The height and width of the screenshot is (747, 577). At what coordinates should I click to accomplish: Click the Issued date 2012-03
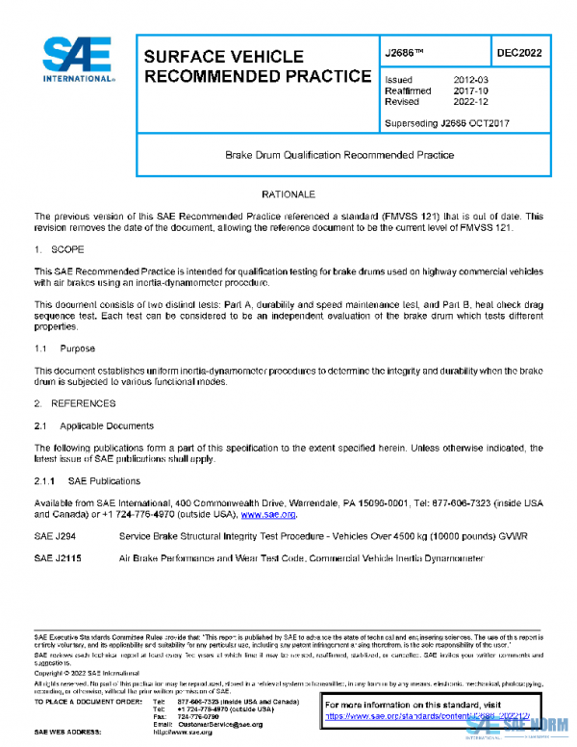tap(469, 80)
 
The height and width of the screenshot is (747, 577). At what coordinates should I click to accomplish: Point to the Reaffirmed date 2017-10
tap(469, 90)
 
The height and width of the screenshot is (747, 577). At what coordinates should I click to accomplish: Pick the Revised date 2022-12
tap(469, 101)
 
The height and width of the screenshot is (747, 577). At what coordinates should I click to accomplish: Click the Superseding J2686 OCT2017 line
tap(446, 123)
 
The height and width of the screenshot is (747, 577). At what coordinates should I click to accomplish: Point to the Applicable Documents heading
tap(105, 425)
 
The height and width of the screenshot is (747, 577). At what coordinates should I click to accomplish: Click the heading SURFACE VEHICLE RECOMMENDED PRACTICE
tap(257, 66)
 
